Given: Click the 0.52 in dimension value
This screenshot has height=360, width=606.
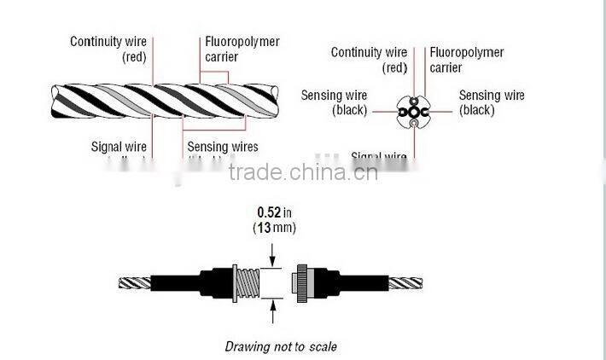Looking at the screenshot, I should click(271, 212).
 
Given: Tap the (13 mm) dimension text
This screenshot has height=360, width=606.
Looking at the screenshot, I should click(271, 228).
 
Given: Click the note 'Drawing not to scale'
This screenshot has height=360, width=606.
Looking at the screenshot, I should click(281, 346).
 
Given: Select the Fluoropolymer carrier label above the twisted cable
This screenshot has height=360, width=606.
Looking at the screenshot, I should click(242, 49).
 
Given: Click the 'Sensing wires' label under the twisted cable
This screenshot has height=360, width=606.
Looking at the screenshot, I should click(223, 147).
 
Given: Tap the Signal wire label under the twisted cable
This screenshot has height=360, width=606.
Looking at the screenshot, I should click(119, 147).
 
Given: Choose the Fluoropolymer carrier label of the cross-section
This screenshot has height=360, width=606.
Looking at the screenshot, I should click(467, 60).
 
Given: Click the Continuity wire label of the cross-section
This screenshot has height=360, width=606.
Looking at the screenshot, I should click(369, 60).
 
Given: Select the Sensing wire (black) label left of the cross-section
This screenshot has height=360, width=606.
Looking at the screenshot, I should click(334, 102).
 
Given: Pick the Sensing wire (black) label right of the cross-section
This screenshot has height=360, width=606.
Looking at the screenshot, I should click(492, 102).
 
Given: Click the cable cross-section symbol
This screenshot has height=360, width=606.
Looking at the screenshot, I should click(413, 111).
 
